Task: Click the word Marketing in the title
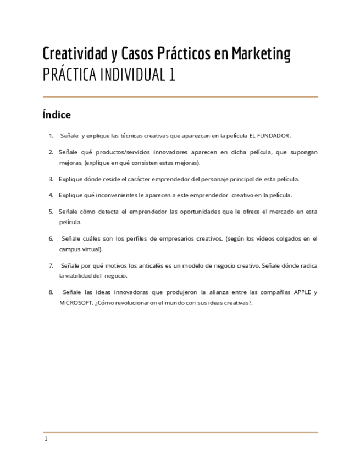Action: point(261,54)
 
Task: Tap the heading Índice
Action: point(57,115)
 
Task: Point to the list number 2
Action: point(51,152)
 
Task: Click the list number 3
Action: point(51,179)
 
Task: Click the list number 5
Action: point(51,212)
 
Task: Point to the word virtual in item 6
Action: point(97,249)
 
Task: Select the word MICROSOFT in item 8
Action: point(76,303)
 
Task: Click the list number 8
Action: point(51,292)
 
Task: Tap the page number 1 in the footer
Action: point(46,439)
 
